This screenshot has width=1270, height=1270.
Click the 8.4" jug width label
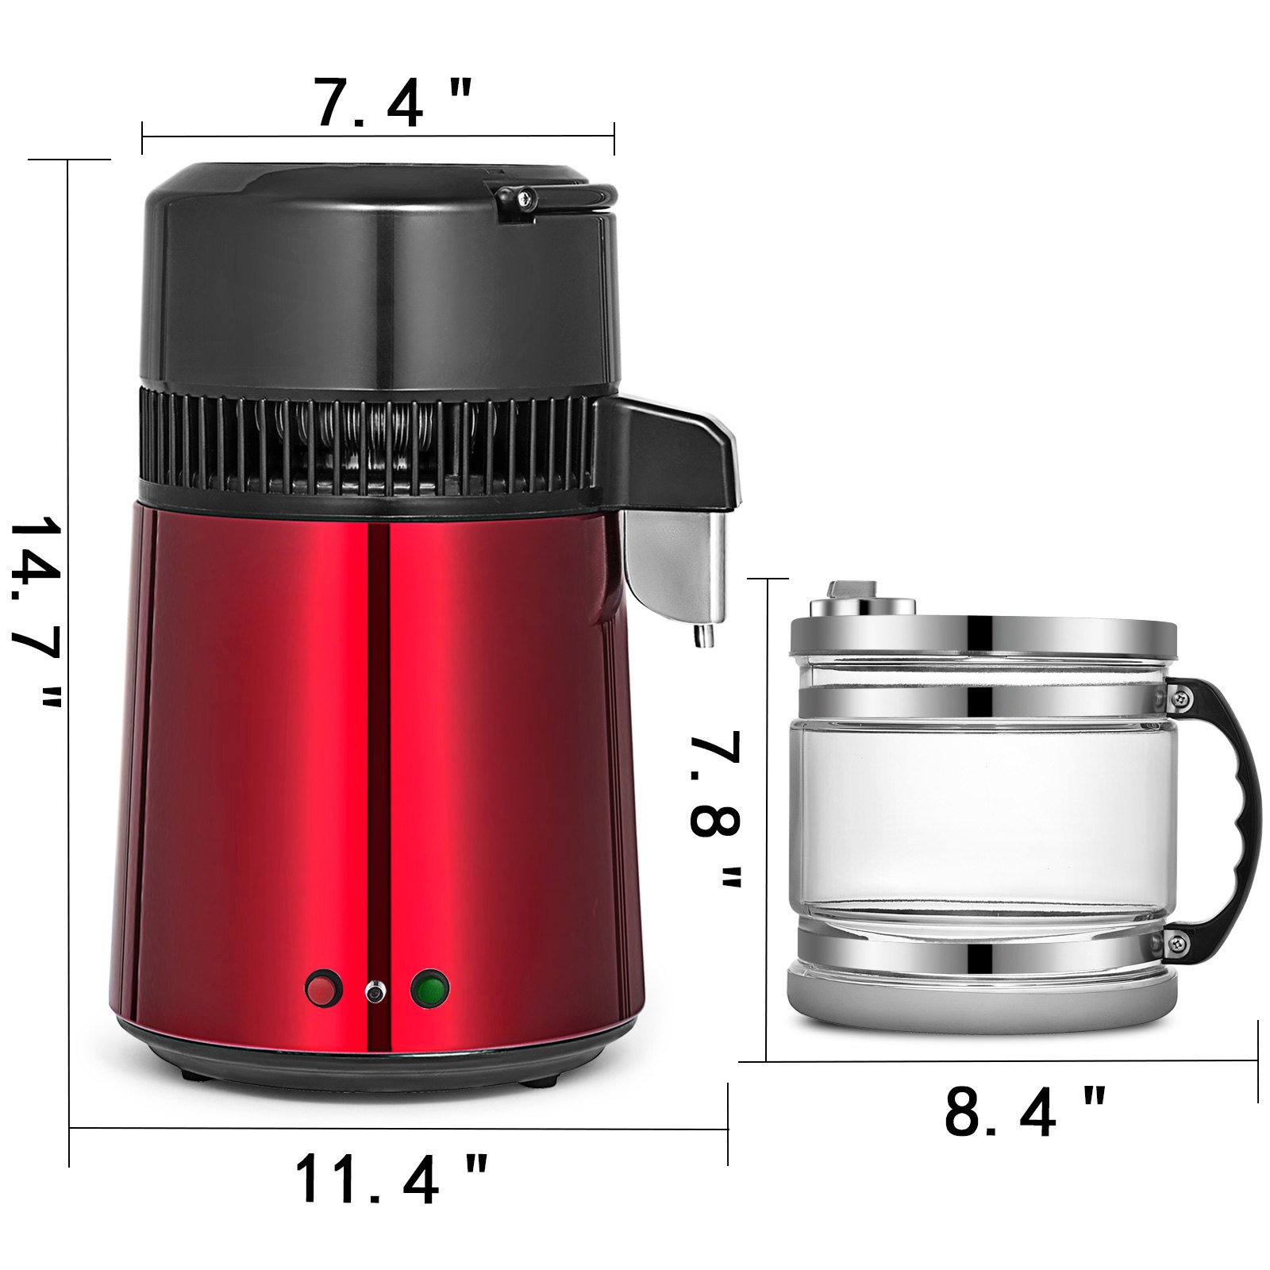coord(1024,1112)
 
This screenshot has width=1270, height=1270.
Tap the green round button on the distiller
coord(430,988)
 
